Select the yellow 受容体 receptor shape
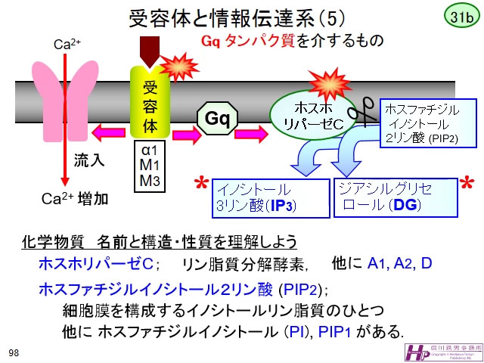point(149,102)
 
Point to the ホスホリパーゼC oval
point(312,113)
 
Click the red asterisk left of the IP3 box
point(201,185)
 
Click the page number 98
point(14,353)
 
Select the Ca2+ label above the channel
point(67,45)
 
